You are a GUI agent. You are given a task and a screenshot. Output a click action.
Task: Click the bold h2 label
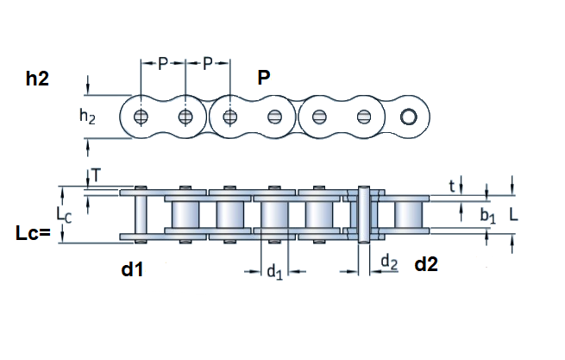(36, 79)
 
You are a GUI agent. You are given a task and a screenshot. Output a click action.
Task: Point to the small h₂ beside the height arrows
(88, 116)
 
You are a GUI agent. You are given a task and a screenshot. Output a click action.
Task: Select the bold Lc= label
(35, 232)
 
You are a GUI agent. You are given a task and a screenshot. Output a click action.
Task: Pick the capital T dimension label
(97, 176)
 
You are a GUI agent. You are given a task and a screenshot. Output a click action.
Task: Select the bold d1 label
(131, 269)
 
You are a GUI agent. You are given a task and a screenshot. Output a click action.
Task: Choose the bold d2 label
(426, 264)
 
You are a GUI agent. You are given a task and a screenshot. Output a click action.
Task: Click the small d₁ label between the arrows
(274, 273)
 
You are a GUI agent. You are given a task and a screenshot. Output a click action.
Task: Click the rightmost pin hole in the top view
(408, 117)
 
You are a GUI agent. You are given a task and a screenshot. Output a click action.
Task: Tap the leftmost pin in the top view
(141, 117)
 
